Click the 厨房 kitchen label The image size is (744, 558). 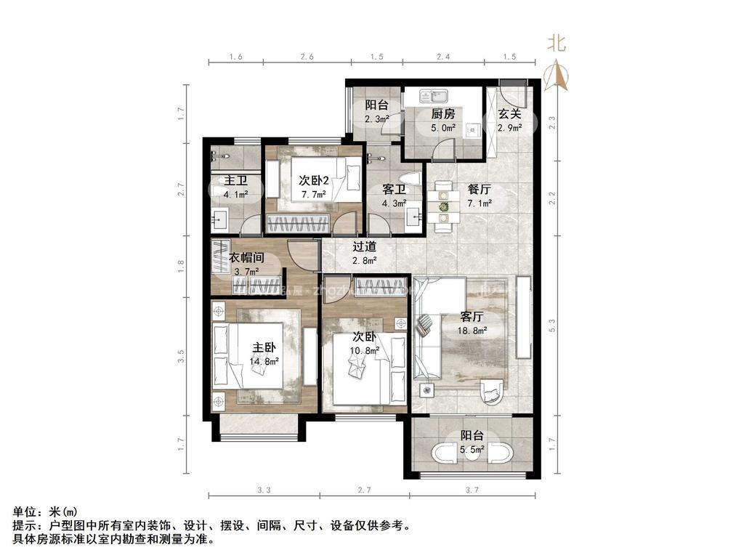click(x=442, y=113)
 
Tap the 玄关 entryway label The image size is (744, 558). click(x=509, y=113)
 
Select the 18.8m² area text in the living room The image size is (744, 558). click(x=473, y=331)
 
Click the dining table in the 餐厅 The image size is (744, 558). click(x=442, y=203)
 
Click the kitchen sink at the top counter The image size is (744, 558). click(x=438, y=95)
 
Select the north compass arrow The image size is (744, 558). click(x=557, y=75)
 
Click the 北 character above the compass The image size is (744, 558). click(x=557, y=44)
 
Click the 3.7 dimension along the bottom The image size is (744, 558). click(x=472, y=490)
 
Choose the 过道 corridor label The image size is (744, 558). click(x=364, y=246)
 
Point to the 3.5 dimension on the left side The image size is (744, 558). click(x=182, y=357)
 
